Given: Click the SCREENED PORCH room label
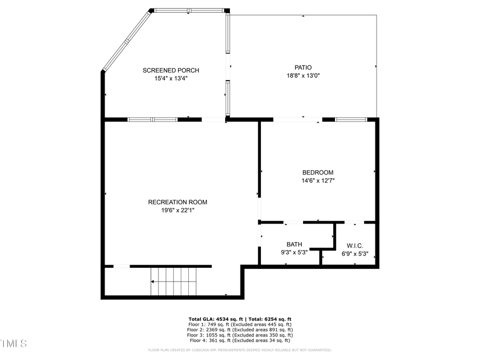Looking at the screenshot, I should coord(171,70).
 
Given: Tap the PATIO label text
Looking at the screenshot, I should coord(303,67).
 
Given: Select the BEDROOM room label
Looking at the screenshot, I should coord(317,172).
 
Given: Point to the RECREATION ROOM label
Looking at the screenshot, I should coord(178,202).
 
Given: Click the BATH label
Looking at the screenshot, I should coord(294,244).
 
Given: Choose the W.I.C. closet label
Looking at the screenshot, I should coord(355,246).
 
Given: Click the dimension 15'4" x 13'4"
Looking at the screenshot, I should coord(171,78).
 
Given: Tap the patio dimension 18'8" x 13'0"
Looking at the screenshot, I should coord(303,75).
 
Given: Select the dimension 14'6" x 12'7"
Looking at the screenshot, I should coord(317,180).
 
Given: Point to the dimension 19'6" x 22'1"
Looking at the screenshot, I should coord(178,210).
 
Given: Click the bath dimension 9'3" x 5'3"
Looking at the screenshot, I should coord(294,252).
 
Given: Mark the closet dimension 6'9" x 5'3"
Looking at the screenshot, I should coord(355,254).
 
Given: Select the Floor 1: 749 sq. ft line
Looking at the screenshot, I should coord(239,324).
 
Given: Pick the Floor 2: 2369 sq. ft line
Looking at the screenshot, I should coord(239,330).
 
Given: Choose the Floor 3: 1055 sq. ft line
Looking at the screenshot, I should coord(239,335).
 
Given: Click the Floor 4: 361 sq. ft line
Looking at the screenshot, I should coord(239,340).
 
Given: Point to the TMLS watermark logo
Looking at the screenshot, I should coord(13,343).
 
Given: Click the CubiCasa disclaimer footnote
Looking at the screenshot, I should coord(239,350).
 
